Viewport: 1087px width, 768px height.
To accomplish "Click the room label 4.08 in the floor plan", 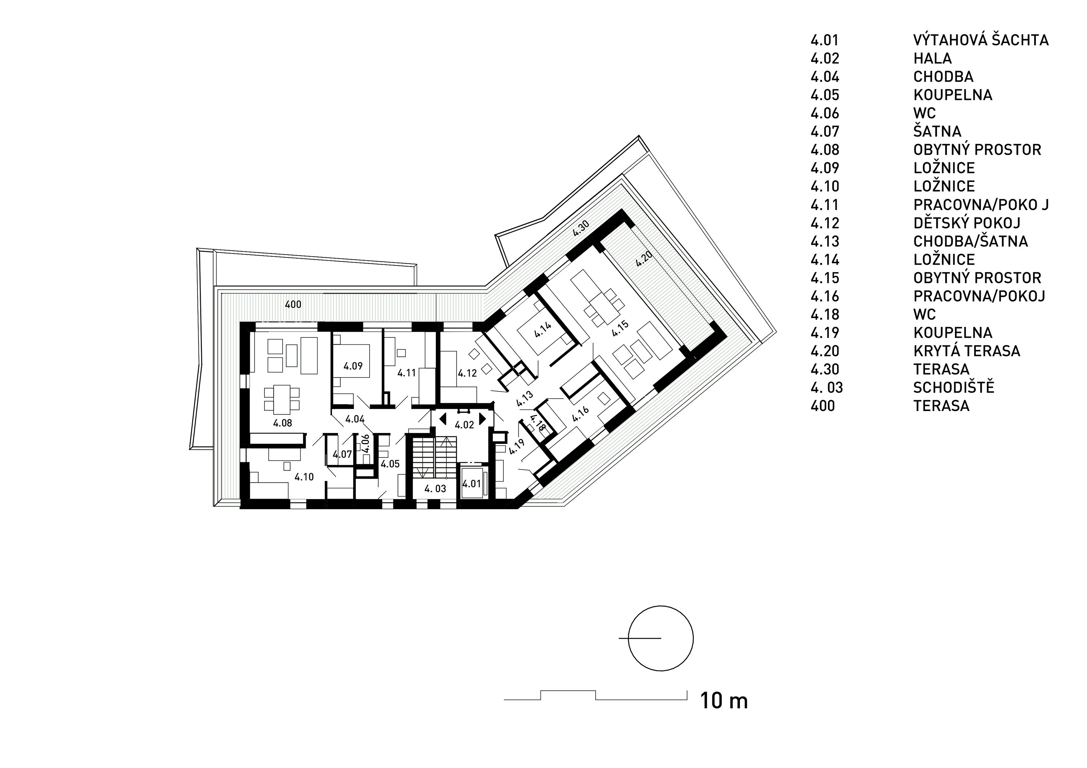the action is click(283, 423).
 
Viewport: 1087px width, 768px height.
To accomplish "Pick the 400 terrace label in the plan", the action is click(293, 304).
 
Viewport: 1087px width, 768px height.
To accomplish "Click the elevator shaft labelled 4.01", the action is click(471, 484).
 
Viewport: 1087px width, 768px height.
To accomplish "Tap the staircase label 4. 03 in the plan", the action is click(435, 488).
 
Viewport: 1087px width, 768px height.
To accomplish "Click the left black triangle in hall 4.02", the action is click(443, 419).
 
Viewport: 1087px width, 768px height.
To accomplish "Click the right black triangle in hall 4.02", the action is click(482, 419).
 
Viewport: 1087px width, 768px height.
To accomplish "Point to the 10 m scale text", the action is click(724, 700).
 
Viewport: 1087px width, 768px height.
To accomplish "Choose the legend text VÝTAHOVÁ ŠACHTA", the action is click(981, 40).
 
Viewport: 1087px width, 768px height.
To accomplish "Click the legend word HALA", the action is click(932, 58).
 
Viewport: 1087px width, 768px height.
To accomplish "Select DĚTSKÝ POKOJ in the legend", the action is click(967, 222).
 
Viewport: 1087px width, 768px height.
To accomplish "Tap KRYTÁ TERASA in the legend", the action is click(967, 351).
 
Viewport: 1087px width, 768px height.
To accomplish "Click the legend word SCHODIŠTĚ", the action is click(954, 387).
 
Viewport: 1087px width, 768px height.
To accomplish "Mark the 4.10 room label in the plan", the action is click(304, 477).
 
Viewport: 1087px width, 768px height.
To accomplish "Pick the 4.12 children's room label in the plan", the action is click(467, 373).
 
